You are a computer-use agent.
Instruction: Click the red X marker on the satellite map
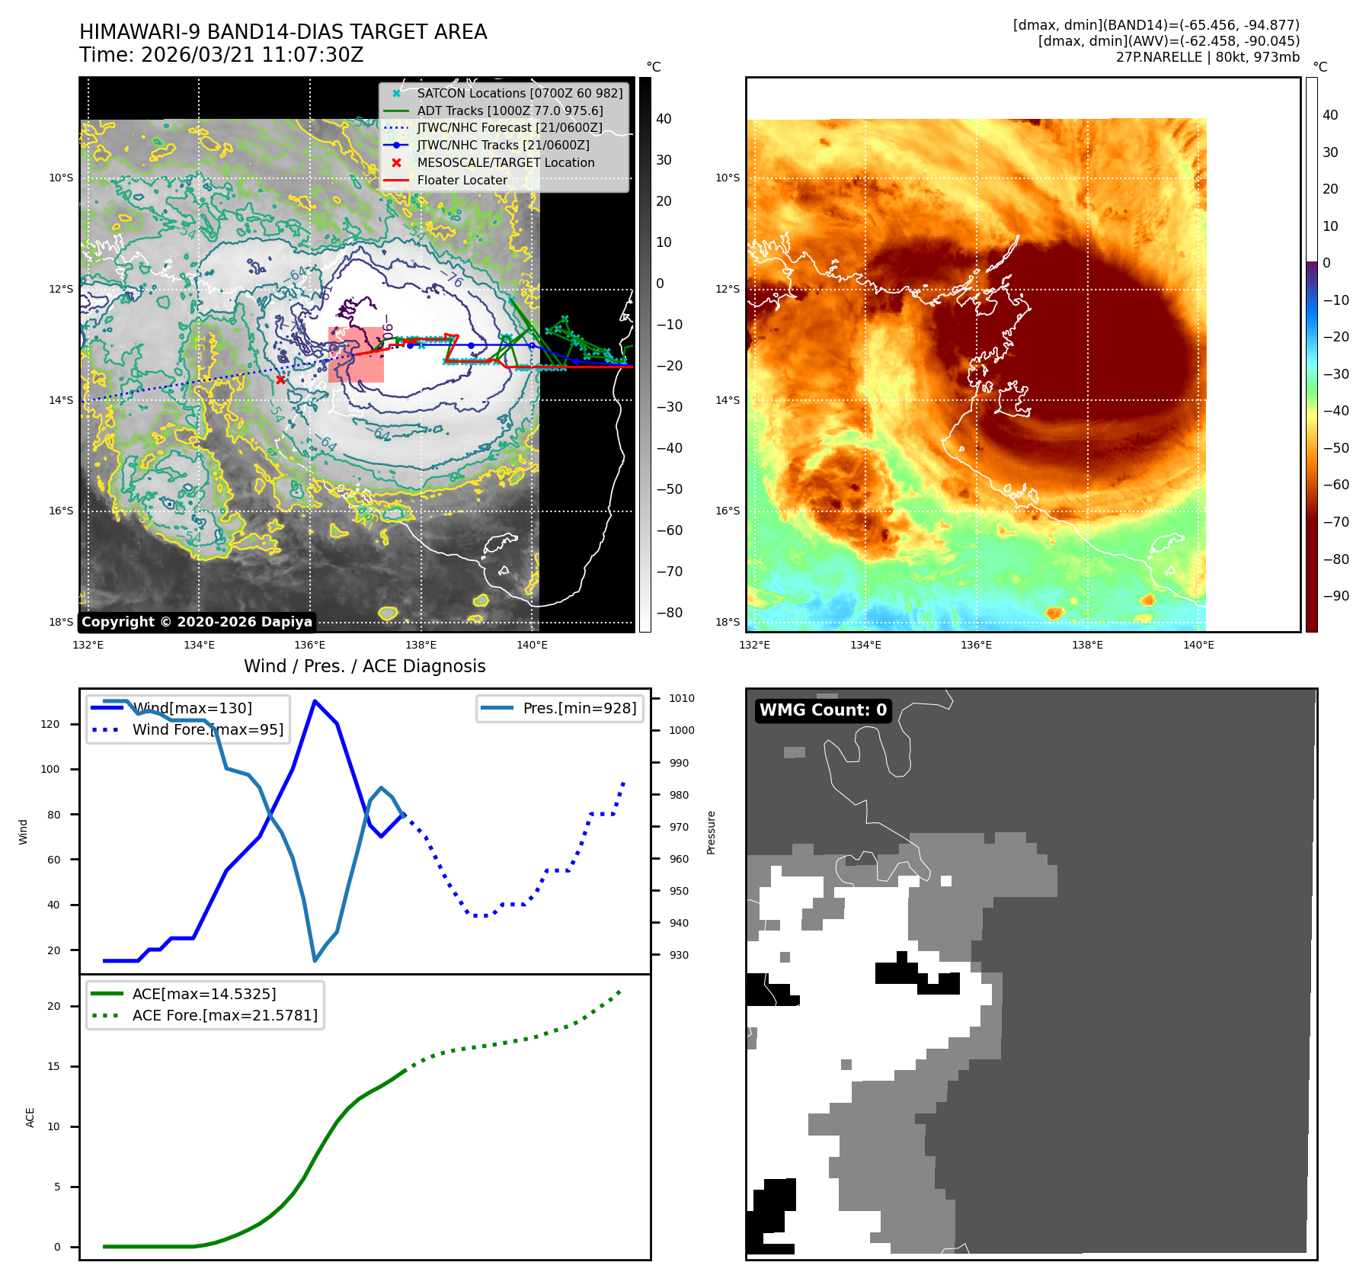click(x=280, y=380)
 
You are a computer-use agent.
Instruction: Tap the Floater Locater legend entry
click(x=462, y=181)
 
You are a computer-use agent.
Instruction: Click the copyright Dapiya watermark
click(x=197, y=622)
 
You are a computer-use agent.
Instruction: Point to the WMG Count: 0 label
click(x=823, y=710)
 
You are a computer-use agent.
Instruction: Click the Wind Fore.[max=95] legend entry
click(x=207, y=729)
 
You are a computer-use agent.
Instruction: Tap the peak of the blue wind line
click(x=315, y=701)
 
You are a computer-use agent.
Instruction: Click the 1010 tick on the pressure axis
click(x=681, y=698)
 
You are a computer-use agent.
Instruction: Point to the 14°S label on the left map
click(x=62, y=400)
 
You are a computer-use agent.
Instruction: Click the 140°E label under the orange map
click(x=1198, y=645)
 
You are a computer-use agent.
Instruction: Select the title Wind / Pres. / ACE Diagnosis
click(x=364, y=666)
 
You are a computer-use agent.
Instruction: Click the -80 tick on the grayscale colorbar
click(x=670, y=613)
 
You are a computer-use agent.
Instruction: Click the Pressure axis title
click(x=711, y=832)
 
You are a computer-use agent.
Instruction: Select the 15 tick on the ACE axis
click(x=53, y=1066)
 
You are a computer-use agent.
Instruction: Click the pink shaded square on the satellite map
click(x=356, y=354)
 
